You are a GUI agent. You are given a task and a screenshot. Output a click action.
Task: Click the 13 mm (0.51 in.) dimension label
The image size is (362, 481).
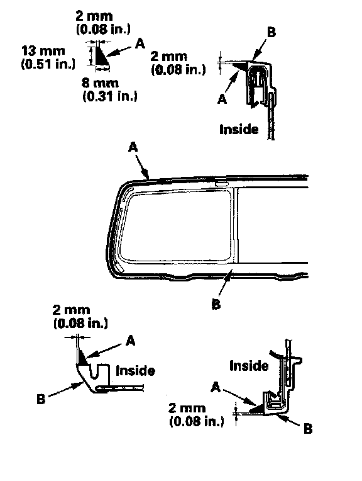click(48, 57)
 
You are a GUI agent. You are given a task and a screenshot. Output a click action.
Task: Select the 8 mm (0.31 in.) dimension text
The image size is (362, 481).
click(109, 89)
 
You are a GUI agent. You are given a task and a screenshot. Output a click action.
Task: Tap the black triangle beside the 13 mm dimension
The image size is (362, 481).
click(101, 55)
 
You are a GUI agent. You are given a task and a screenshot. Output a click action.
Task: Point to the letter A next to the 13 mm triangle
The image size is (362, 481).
click(140, 44)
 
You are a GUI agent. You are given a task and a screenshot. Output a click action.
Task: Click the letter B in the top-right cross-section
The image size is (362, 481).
click(271, 32)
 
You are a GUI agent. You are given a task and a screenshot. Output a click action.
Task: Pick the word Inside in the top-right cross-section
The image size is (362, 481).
click(239, 129)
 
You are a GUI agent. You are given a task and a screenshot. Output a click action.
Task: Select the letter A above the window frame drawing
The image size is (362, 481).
click(133, 147)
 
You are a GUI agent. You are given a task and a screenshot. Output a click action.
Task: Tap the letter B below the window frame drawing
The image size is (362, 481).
click(216, 304)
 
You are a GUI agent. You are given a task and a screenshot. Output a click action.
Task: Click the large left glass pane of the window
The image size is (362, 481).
click(175, 226)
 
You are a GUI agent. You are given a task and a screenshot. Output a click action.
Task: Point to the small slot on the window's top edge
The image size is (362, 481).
click(221, 183)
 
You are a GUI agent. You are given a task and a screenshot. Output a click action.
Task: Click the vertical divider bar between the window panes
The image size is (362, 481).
click(236, 225)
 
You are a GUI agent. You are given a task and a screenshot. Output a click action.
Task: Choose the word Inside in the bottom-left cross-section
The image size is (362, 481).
click(135, 371)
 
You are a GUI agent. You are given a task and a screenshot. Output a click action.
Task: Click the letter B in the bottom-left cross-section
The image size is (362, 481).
click(41, 399)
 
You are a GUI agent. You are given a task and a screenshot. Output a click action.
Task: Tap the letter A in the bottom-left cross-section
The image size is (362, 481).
click(131, 341)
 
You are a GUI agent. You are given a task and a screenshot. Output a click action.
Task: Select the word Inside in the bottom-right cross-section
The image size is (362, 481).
click(249, 366)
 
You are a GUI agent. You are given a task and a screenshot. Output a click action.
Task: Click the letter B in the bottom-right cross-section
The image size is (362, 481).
click(308, 429)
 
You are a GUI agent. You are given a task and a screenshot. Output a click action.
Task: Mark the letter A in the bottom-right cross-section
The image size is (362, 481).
click(216, 388)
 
